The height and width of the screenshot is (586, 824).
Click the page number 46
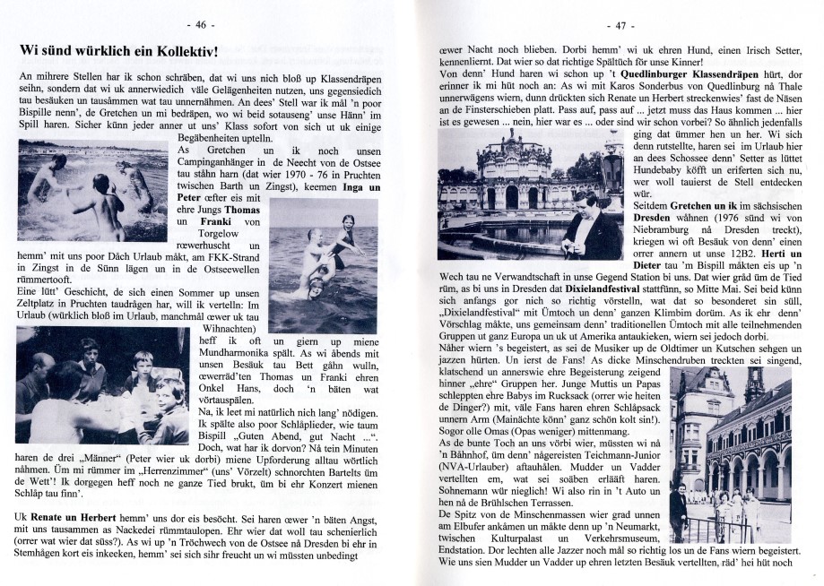click(202, 24)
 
